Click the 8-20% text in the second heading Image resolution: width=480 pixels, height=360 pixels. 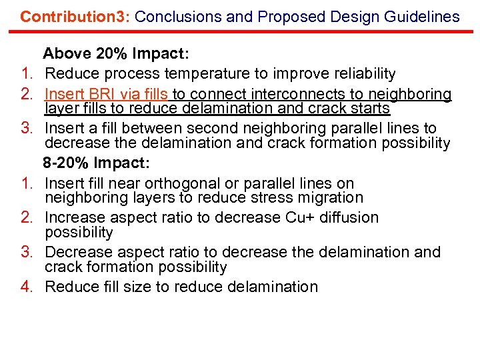(67, 163)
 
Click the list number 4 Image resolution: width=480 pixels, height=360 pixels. (27, 287)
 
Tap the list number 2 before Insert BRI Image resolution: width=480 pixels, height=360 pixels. (27, 95)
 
